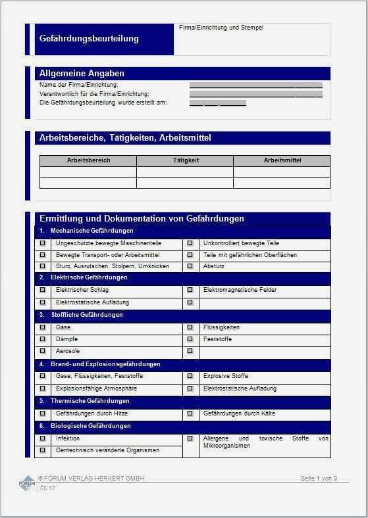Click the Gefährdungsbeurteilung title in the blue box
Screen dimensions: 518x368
coord(89,39)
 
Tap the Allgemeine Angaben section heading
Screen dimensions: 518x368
coord(82,74)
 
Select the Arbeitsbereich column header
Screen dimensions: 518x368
coord(88,160)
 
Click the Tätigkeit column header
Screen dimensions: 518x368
coord(185,160)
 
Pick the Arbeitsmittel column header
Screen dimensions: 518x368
coord(282,160)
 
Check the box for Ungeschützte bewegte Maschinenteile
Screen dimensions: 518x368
coord(43,243)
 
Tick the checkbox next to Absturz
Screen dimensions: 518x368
coord(190,266)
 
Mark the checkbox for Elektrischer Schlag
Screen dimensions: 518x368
coord(43,290)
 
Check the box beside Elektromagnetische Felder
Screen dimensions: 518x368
coord(190,290)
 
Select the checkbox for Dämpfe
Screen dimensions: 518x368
coord(43,339)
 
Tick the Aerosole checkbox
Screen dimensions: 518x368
coord(43,352)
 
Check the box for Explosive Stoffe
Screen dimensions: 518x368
coord(190,376)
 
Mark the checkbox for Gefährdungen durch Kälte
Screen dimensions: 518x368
coord(190,413)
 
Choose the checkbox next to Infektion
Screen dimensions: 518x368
coord(43,438)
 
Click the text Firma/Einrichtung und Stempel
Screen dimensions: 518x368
coord(221,28)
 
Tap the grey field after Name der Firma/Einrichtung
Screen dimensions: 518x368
coord(255,85)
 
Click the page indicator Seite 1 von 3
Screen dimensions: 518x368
coord(319,479)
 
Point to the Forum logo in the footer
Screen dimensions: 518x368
coord(27,484)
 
